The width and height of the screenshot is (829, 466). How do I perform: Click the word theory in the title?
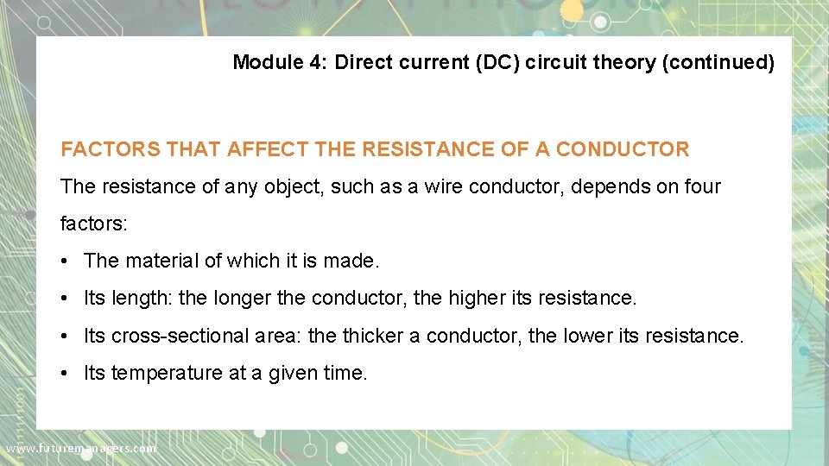627,62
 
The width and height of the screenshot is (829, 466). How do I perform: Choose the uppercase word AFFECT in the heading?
267,149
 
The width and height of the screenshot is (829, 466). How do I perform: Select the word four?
700,186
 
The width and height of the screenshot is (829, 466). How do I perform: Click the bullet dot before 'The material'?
66,261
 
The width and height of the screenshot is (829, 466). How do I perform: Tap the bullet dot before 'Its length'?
66,299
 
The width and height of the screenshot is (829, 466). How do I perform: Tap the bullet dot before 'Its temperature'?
66,373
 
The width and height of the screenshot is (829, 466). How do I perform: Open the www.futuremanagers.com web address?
81,448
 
